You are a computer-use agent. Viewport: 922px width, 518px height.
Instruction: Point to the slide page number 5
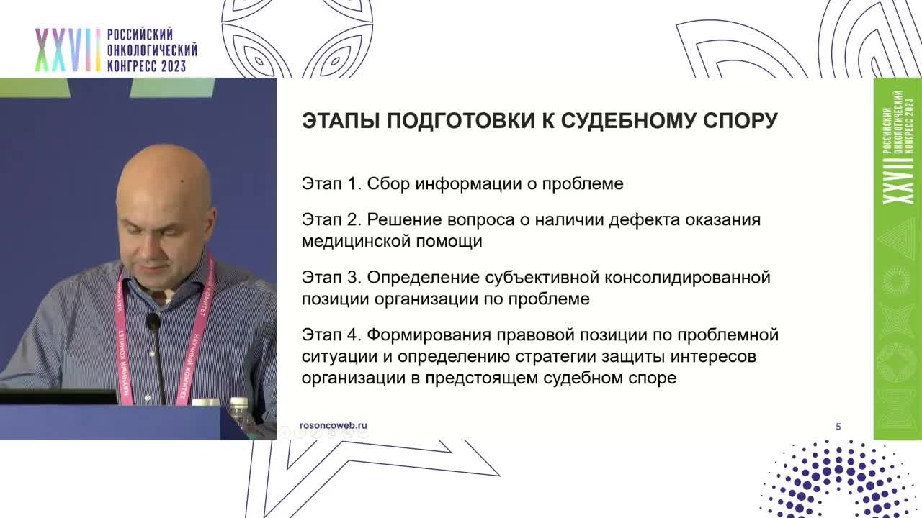(x=838, y=427)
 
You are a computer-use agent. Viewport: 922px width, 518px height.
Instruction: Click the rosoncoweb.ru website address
(x=333, y=426)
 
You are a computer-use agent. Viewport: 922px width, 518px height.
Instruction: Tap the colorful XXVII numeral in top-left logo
(x=68, y=51)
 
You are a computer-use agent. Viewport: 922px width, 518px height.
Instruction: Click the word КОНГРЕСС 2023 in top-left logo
(x=146, y=66)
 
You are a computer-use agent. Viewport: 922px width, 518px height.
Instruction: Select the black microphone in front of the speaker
(x=153, y=323)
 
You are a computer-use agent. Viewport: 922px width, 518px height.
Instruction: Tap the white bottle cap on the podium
(x=238, y=403)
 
